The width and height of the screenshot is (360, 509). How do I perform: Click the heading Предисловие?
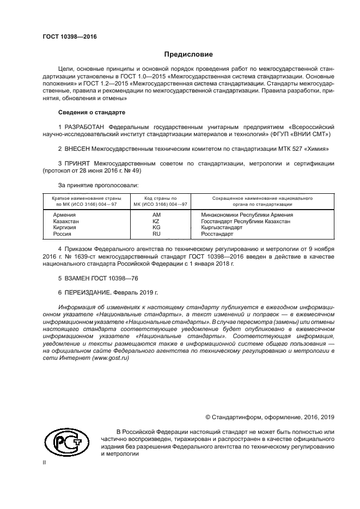point(185,54)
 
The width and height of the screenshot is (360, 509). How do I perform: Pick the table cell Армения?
point(64,215)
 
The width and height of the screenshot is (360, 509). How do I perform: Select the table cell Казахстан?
point(66,222)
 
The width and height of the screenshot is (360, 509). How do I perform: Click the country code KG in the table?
point(156,228)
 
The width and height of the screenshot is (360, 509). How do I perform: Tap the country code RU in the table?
point(156,234)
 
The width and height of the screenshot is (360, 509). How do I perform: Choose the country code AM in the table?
point(156,215)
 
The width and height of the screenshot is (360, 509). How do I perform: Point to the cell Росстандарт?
point(217,234)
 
